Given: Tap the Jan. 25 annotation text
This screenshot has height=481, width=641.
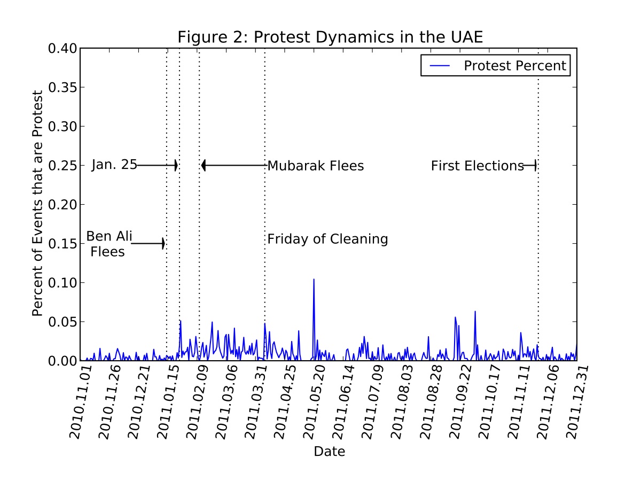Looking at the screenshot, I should click(x=114, y=165).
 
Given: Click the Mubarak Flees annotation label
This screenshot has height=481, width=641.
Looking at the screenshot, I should click(x=315, y=166).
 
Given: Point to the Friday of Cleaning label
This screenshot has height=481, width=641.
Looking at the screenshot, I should click(x=327, y=239).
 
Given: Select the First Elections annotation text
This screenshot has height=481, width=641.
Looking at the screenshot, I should click(x=477, y=166).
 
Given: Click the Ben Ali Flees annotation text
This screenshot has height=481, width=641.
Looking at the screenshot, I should click(x=109, y=244).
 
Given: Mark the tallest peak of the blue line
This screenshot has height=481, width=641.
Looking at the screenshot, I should click(x=314, y=279).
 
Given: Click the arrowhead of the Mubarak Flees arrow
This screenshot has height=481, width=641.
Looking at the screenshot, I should click(x=203, y=166).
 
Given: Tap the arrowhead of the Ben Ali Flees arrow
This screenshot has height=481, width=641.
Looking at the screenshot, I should click(x=163, y=244).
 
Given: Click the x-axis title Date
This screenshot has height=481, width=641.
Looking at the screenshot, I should click(x=329, y=452).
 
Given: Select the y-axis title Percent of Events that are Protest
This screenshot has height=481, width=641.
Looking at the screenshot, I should click(x=37, y=204).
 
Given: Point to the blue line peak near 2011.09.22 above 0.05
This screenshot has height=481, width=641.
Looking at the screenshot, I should click(x=475, y=312).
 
